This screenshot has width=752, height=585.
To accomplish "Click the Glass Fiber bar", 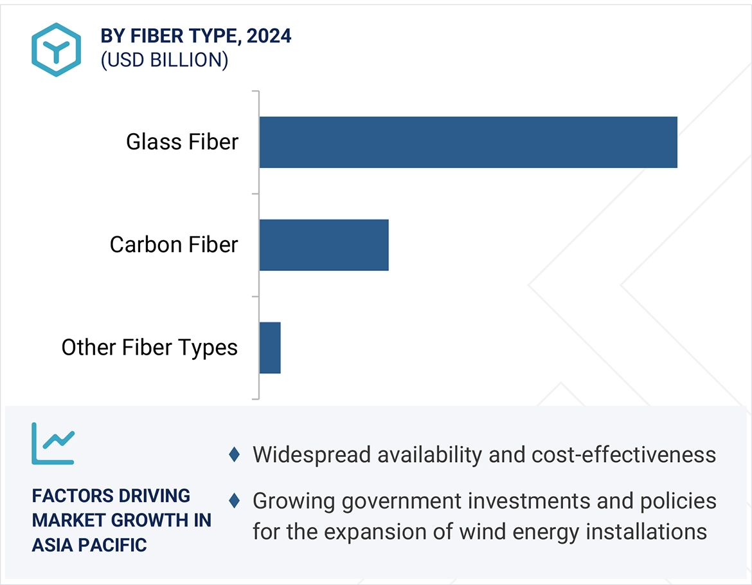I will click(468, 142).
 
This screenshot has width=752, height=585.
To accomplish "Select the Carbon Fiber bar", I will click(324, 245).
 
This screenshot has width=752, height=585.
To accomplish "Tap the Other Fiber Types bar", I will click(270, 348).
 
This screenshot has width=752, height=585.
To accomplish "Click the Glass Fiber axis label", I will click(182, 142).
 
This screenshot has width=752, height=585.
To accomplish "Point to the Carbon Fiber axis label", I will click(174, 245).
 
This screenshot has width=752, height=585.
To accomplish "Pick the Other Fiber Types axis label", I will click(149, 348).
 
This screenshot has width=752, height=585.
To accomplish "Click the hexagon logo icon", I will click(57, 50).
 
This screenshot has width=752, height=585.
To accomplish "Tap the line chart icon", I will click(53, 443).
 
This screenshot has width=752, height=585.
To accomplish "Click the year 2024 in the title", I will click(269, 36).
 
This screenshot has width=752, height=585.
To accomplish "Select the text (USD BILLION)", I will click(165, 60).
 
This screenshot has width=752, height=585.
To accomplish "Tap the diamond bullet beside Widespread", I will click(235, 455).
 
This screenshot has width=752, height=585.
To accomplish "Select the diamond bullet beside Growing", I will click(235, 500).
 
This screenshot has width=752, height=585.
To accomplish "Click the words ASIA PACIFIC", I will click(89, 545).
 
